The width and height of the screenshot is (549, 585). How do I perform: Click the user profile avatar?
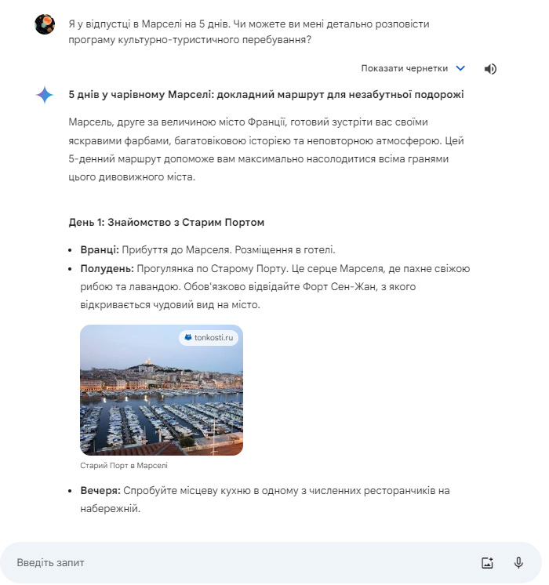[45, 24]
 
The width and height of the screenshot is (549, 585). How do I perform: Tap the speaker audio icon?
[490, 68]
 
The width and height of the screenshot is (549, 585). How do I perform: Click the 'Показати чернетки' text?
[404, 68]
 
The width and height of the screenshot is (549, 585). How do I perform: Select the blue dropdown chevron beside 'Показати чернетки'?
[460, 68]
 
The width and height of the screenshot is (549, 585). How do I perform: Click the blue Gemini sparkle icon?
[45, 95]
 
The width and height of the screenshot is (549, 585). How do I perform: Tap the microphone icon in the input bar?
[518, 562]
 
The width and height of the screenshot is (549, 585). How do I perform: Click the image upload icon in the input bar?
[487, 562]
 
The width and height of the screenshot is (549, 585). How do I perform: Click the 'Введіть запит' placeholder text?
[50, 562]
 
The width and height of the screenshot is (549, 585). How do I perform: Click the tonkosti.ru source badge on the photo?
[209, 337]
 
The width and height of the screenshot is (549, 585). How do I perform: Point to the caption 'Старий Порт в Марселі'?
[124, 465]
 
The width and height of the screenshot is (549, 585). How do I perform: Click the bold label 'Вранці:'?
[100, 249]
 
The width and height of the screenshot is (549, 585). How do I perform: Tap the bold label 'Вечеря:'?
[100, 490]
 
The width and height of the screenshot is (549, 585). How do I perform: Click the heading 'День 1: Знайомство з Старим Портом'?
[166, 222]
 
